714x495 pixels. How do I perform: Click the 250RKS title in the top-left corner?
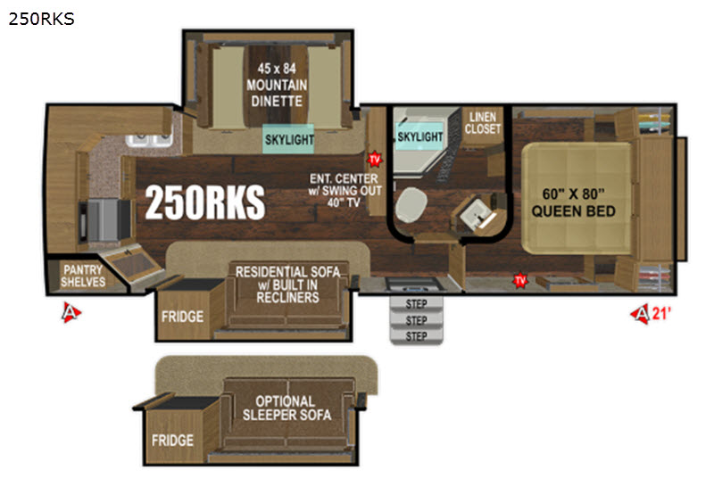(41, 19)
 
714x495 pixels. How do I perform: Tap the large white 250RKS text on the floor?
(205, 202)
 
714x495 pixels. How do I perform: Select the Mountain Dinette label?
(277, 85)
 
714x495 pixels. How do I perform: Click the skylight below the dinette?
(288, 139)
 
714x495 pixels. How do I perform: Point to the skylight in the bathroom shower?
(419, 136)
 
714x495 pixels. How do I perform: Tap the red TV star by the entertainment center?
(374, 160)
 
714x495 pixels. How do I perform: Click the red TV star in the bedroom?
(520, 280)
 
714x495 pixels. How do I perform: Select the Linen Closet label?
(483, 123)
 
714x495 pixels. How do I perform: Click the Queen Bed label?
(573, 202)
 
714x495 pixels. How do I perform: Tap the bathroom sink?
(477, 215)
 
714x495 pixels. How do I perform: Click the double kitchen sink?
(149, 140)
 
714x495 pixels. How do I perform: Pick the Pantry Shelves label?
(83, 276)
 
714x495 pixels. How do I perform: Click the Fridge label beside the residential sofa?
(182, 317)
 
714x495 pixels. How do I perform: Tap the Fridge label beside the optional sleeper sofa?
(172, 440)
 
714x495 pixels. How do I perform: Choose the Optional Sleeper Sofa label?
(286, 408)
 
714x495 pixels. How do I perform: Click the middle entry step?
(416, 320)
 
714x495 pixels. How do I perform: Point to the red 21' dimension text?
(661, 313)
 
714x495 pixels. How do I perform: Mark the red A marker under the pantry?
(71, 312)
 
